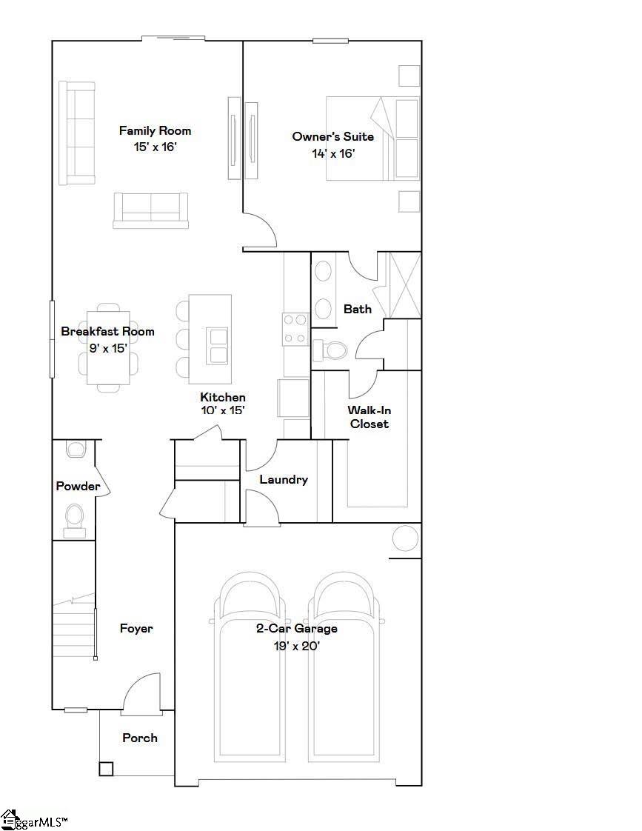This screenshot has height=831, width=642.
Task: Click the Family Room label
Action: click(155, 131)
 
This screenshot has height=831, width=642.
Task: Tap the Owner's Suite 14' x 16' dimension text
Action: click(333, 154)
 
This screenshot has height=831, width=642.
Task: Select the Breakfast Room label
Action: click(107, 331)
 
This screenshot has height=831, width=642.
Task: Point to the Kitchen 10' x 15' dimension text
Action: click(222, 410)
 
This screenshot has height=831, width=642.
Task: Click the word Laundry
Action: click(284, 480)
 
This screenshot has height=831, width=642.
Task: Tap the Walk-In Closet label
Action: click(370, 417)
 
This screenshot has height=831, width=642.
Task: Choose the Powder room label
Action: click(78, 486)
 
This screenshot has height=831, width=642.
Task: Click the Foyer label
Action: click(136, 629)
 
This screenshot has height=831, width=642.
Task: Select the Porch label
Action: click(140, 738)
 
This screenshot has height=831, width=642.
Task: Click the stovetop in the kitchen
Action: click(295, 329)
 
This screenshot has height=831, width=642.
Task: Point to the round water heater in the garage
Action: click(405, 538)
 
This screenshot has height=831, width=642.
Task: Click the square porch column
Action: click(106, 769)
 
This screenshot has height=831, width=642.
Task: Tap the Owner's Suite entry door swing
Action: click(261, 229)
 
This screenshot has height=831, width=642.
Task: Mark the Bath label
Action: click(358, 309)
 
